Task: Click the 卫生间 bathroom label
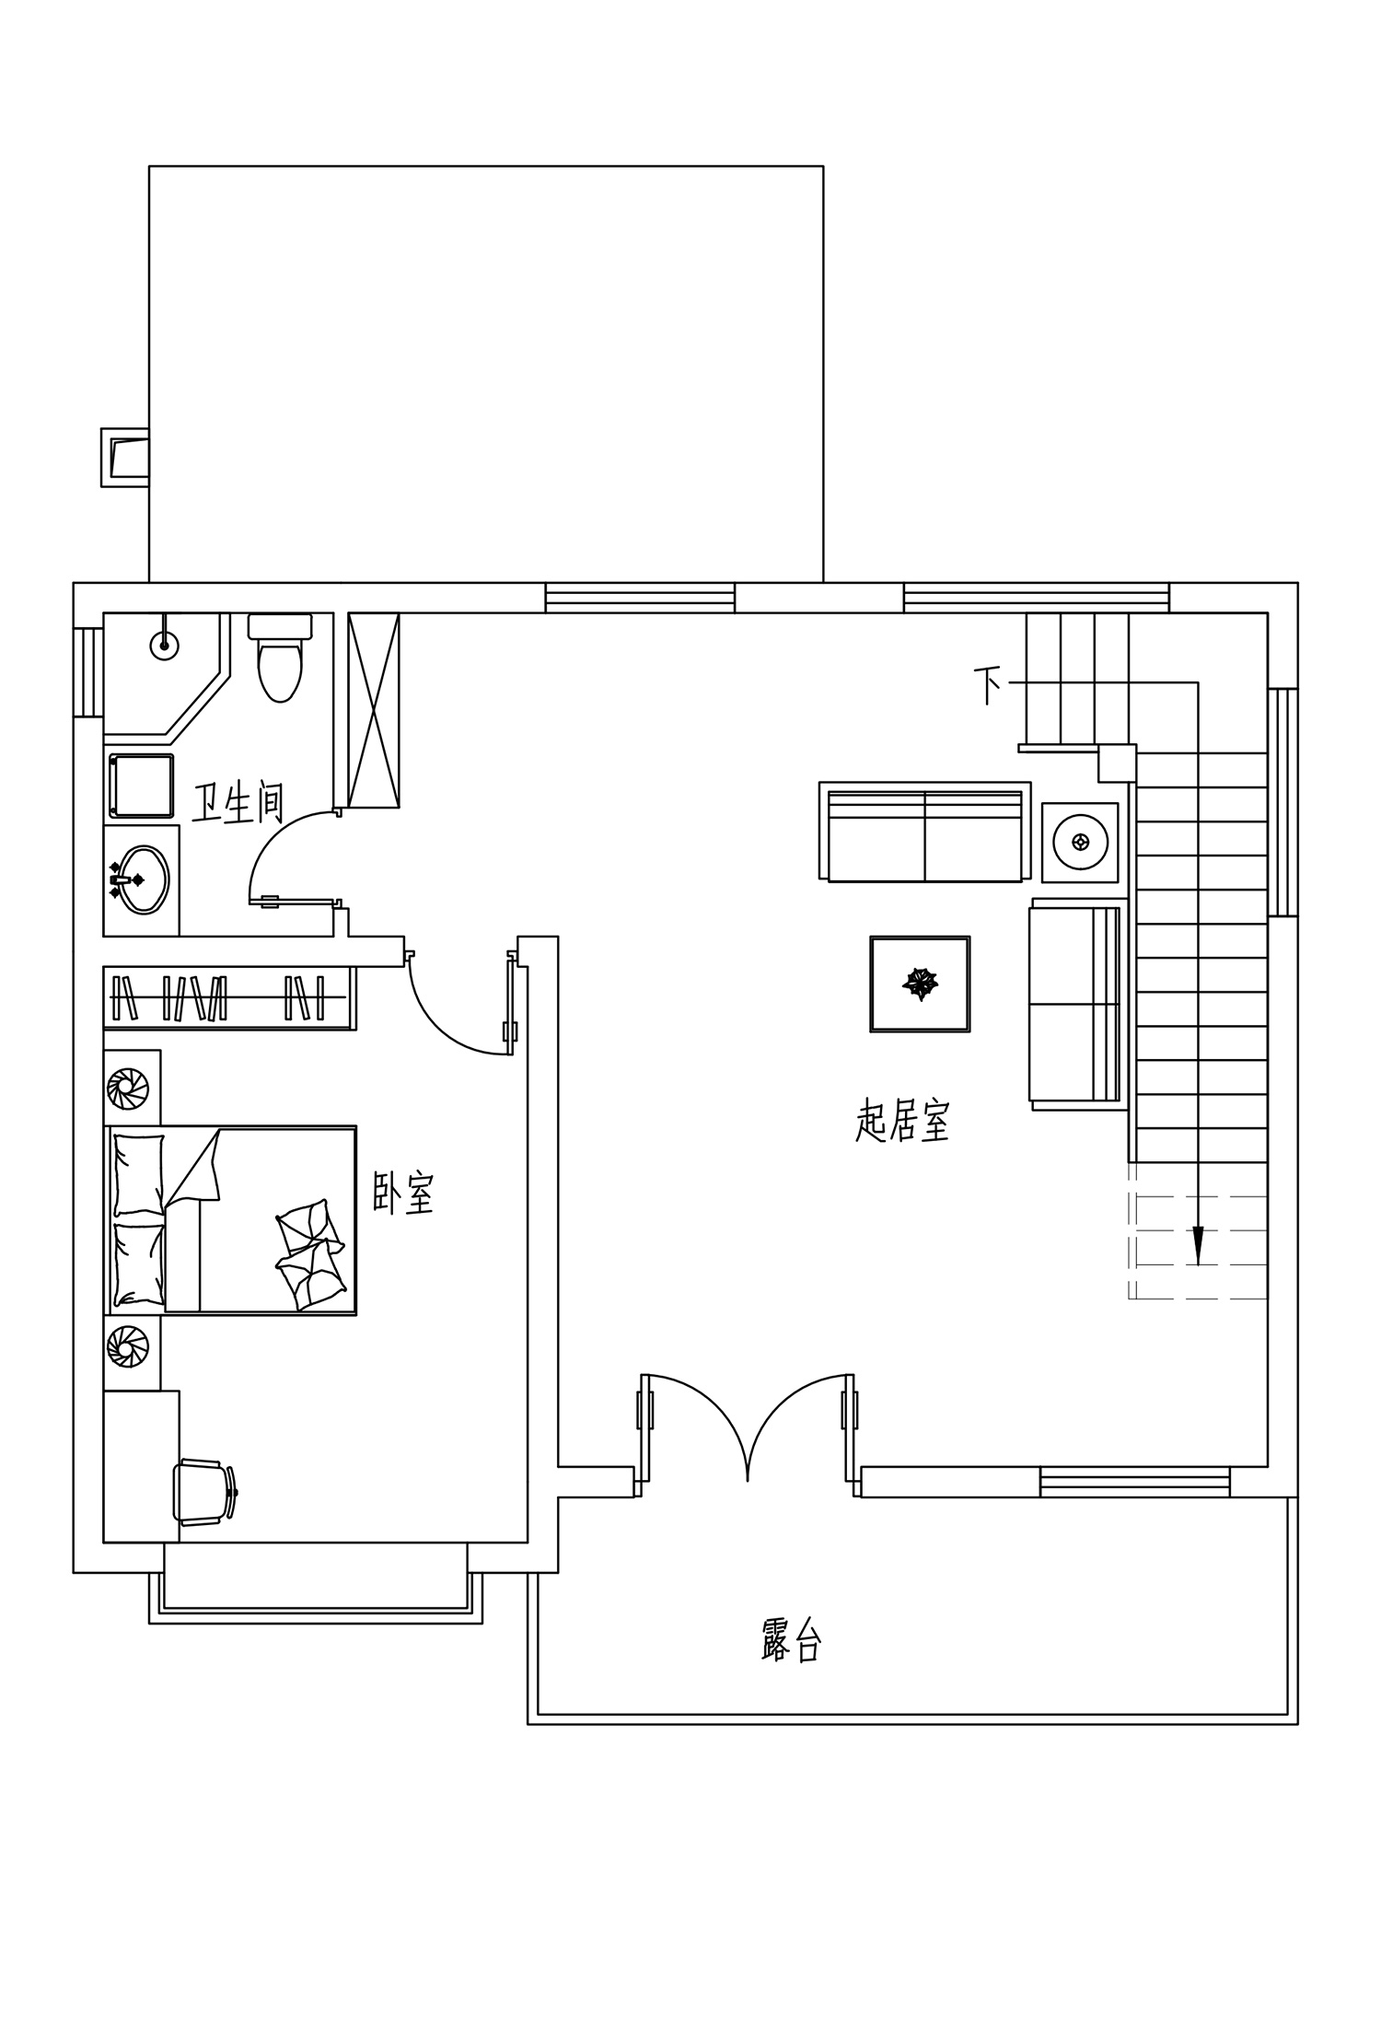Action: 238,803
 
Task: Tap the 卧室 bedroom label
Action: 403,1194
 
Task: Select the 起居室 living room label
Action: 902,1121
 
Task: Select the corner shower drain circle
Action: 164,645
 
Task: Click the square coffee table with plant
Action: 920,984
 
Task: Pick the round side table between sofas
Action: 1080,841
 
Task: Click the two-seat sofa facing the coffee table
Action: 924,832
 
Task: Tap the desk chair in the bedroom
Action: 205,1492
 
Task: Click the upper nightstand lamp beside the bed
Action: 127,1089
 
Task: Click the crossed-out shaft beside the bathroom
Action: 374,710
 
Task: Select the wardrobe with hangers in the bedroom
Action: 229,998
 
